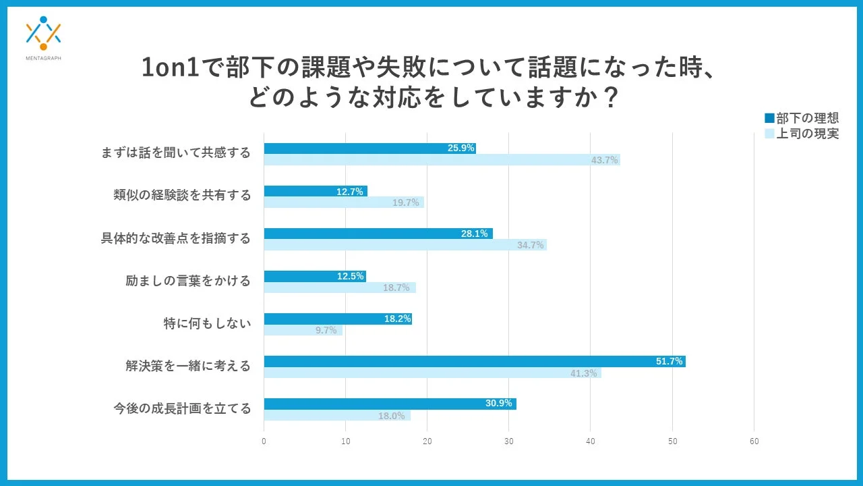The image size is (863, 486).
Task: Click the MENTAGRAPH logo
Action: tap(43, 37)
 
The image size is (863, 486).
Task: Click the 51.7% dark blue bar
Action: tap(474, 361)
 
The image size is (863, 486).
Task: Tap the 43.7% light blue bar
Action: tap(442, 160)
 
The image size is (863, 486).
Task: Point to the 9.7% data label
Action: tap(326, 331)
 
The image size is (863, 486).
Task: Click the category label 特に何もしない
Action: tap(207, 324)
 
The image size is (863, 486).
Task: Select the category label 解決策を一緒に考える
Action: tap(188, 367)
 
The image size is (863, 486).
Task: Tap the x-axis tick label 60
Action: tap(754, 441)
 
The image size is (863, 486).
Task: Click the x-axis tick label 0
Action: tap(264, 441)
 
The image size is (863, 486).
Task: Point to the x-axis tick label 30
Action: tap(509, 441)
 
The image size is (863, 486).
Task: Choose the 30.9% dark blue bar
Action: tap(390, 404)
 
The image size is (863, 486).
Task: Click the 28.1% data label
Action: tap(473, 234)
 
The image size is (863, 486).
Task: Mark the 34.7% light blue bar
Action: tap(405, 245)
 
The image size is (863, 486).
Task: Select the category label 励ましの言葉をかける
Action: tap(188, 281)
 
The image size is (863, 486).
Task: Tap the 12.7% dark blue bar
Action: tap(315, 191)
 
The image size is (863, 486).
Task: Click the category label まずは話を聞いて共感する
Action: tap(175, 153)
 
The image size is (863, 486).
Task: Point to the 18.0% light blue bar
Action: tap(336, 415)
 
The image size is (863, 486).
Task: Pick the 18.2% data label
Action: tap(397, 319)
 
